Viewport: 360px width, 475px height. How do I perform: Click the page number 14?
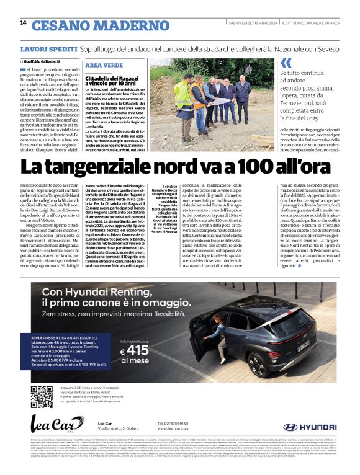(x=23, y=23)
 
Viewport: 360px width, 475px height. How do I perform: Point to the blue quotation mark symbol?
(x=286, y=63)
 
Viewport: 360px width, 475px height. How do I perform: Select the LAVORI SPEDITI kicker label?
(x=48, y=48)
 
